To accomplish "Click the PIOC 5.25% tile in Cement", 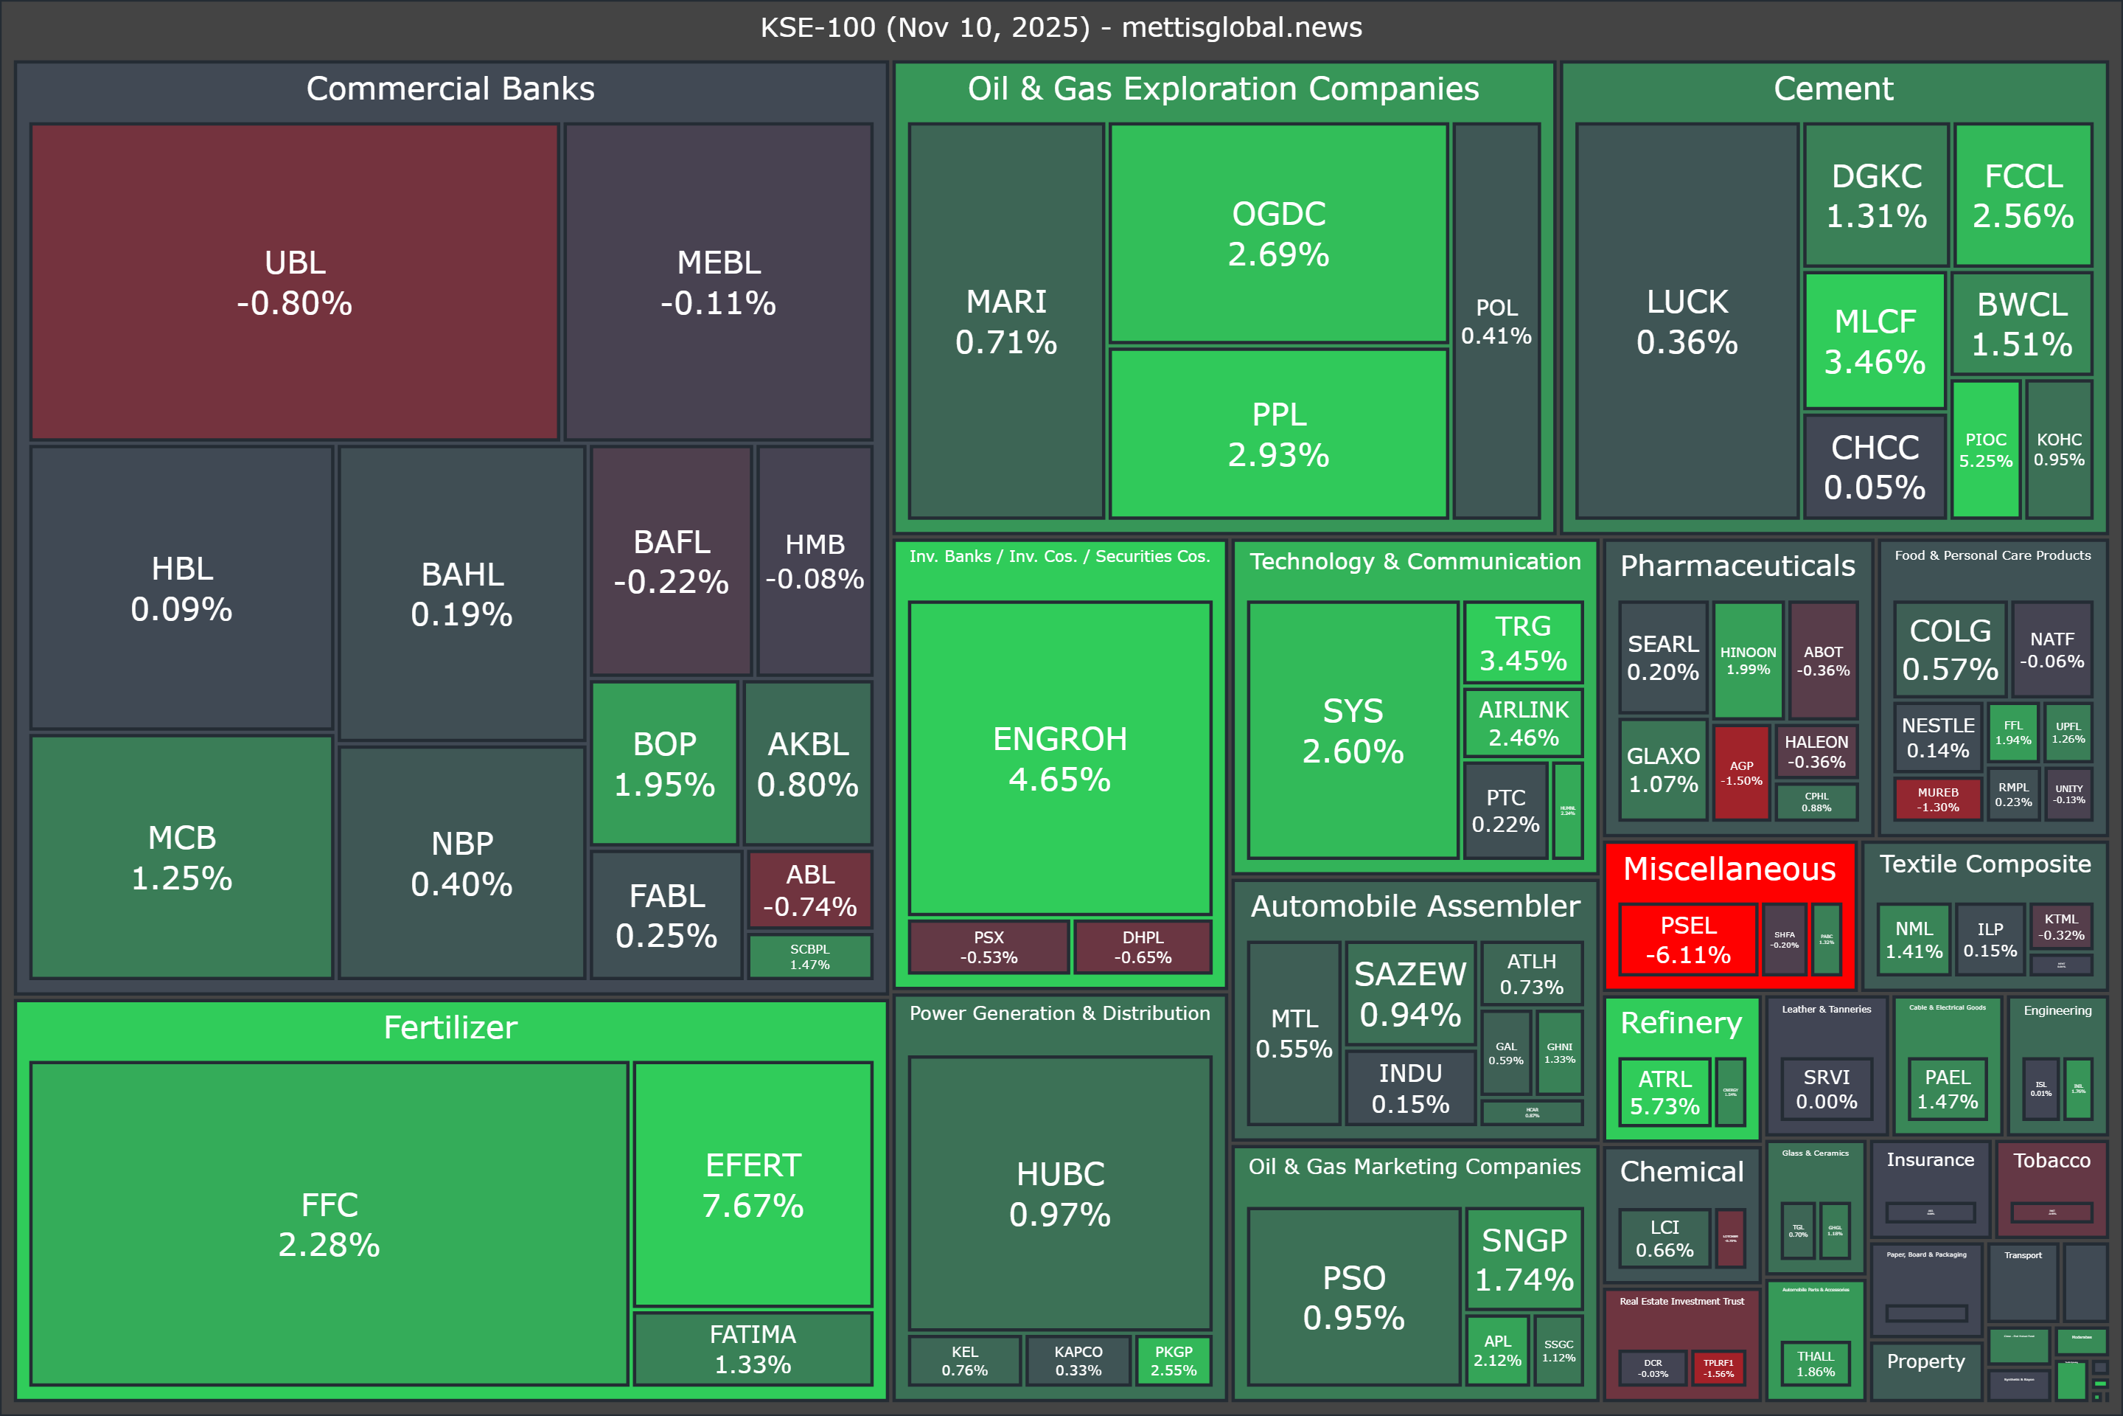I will [1985, 450].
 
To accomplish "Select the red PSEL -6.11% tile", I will [1687, 939].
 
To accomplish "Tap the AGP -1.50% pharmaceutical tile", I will [1741, 773].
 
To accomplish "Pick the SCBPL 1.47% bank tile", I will [809, 957].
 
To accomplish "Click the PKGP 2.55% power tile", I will [1174, 1360].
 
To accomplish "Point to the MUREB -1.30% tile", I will [1938, 799].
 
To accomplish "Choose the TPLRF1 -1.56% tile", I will [1718, 1368].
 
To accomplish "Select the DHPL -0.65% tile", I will [1143, 946].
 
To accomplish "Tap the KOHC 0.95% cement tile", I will [2059, 449].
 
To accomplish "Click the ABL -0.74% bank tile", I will [809, 889].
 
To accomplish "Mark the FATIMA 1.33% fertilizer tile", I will [753, 1348].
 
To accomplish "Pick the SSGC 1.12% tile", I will [1559, 1351].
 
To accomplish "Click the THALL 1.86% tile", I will [1815, 1364].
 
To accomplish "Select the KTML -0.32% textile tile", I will [2061, 926].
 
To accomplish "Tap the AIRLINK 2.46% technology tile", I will [1524, 723].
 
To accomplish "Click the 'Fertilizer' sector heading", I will [450, 1027].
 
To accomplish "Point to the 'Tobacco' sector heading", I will [2051, 1160].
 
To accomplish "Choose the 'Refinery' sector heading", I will [1681, 1023].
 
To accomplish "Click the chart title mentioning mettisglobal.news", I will [1061, 27].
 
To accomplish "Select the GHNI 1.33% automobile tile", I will [1560, 1053].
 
